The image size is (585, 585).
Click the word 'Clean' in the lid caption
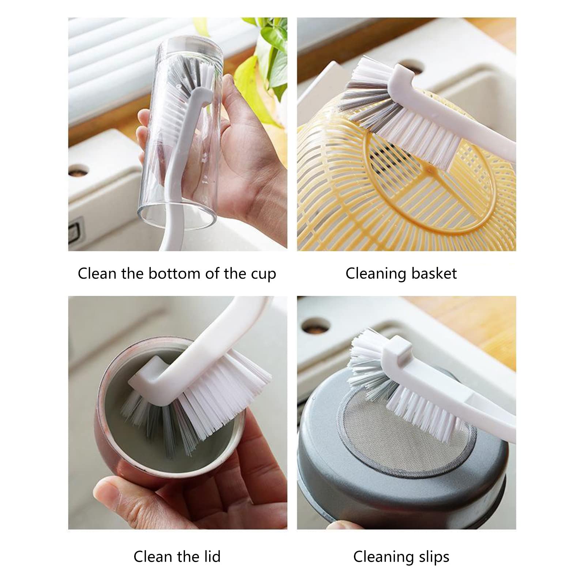coord(153,556)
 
